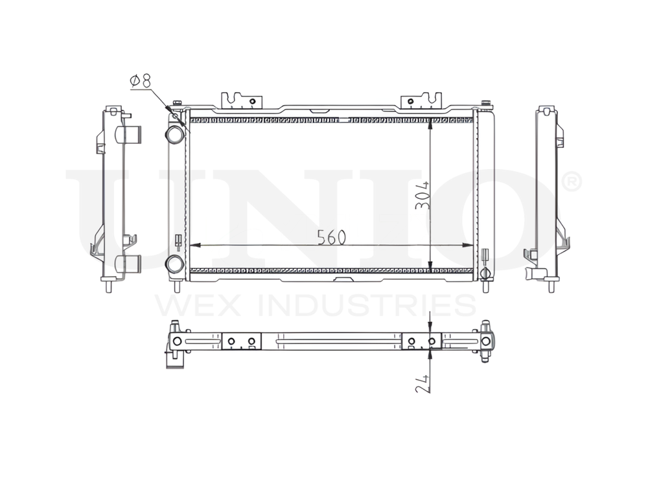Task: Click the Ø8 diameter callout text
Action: pos(140,81)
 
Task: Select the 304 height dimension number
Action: pos(423,194)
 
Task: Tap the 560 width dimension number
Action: pos(331,238)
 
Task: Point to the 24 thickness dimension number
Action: pos(423,383)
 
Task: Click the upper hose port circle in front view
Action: pos(174,134)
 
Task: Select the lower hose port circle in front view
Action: pos(174,264)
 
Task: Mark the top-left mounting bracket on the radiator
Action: pos(243,100)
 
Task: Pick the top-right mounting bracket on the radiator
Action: pos(421,100)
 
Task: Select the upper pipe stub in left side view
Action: pos(128,135)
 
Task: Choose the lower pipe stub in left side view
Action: pos(128,264)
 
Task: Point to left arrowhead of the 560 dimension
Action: pos(193,246)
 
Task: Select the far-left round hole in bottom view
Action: pos(177,341)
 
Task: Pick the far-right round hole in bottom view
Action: pos(485,341)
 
